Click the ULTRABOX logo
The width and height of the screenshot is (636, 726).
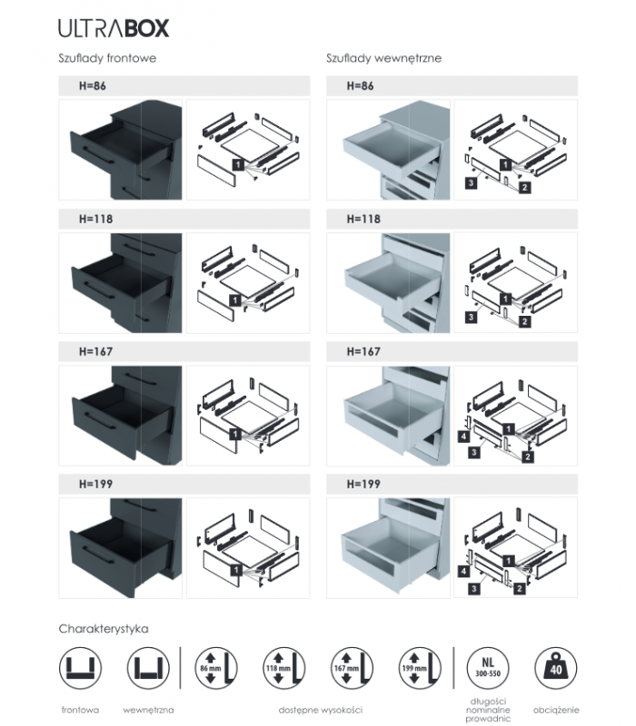113,28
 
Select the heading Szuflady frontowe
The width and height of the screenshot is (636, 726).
108,58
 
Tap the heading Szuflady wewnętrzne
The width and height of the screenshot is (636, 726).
383,58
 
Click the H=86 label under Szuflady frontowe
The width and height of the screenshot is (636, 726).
94,86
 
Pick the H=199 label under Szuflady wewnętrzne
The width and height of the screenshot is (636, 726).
363,486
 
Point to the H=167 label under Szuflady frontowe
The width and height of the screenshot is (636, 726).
95,352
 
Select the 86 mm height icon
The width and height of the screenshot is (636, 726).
214,670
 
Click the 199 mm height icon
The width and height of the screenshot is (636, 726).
418,670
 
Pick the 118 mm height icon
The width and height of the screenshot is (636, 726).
283,670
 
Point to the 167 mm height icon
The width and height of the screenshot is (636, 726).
351,670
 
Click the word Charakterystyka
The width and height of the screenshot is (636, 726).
103,628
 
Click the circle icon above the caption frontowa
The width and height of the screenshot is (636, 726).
80,670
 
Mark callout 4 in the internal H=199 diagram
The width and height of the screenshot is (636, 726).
464,573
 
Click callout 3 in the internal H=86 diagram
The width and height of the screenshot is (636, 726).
472,183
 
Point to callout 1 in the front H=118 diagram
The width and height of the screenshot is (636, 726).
235,299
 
